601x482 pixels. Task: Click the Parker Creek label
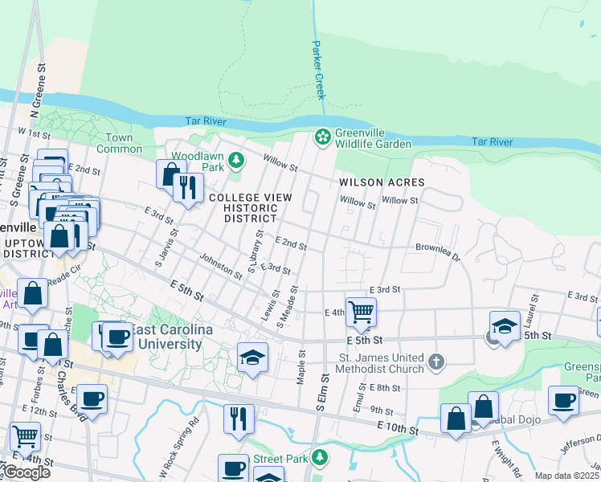pos(319,70)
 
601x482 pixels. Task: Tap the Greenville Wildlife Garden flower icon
pos(322,137)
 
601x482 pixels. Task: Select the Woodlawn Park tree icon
pos(236,161)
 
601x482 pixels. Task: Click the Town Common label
pos(114,143)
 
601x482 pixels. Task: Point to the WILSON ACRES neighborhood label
pos(382,182)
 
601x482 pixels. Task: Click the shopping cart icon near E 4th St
pos(361,311)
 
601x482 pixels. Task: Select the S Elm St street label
pos(324,394)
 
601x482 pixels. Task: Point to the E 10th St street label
pos(402,431)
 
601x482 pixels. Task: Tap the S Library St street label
pos(256,252)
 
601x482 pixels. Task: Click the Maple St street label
pos(303,366)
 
